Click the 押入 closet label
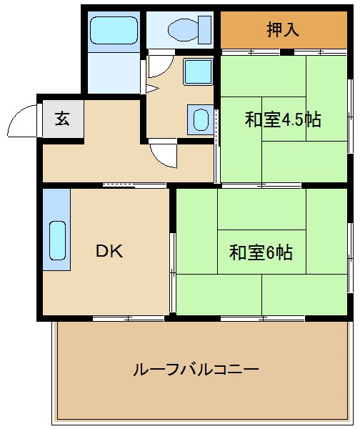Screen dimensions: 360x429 point(283,29)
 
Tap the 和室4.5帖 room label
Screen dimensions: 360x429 point(283,119)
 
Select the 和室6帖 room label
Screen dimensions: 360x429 point(261,252)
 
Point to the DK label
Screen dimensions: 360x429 point(109,251)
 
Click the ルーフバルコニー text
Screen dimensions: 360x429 point(196,370)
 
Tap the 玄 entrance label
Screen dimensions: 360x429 point(62,119)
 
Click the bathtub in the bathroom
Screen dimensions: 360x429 point(114,30)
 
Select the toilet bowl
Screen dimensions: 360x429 point(183,30)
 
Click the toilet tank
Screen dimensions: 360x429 point(204,30)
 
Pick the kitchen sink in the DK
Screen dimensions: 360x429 point(57,240)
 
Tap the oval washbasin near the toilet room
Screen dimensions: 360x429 point(201,120)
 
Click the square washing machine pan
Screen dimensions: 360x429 point(198,72)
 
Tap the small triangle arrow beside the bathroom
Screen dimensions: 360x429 point(152,89)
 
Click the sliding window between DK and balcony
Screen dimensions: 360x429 point(128,318)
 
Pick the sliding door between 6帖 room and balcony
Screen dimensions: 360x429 point(263,318)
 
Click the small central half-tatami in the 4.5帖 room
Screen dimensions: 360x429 point(284,119)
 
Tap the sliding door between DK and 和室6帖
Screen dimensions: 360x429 point(172,272)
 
